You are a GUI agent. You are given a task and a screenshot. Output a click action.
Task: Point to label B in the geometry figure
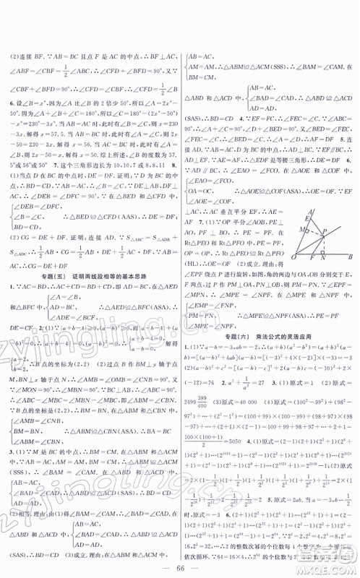349,256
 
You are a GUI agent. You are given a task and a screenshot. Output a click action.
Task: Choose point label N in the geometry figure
322,259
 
